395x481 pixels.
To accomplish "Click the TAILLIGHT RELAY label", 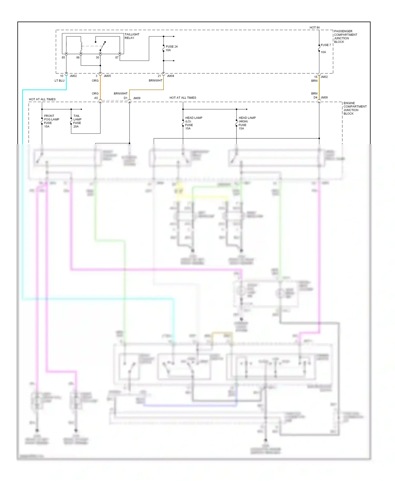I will [x=132, y=36].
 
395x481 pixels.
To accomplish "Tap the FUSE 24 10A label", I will [x=171, y=48].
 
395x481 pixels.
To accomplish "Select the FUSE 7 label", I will [x=326, y=45].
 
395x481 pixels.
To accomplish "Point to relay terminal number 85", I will [x=63, y=58].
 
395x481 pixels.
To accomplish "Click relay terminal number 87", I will [x=117, y=58].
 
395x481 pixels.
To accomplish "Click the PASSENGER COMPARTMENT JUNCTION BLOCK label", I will [x=345, y=37].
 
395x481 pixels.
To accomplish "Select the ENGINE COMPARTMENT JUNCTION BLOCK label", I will [x=355, y=108].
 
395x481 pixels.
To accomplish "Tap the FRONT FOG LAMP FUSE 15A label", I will [x=51, y=121].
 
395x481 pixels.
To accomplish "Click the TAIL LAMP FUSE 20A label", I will [x=77, y=121].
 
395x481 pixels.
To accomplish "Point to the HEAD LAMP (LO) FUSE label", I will [x=193, y=123].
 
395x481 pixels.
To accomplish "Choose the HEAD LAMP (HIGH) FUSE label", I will [x=247, y=123].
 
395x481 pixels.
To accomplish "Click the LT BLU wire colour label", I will [x=60, y=81].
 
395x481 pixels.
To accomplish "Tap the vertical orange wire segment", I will [x=100, y=87].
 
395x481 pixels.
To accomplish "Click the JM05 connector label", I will [x=107, y=76].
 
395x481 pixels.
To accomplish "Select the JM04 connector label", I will [x=170, y=76].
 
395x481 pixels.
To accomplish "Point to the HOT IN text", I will [x=314, y=28].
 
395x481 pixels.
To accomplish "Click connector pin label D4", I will [x=315, y=98].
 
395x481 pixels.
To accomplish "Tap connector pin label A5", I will [x=96, y=98].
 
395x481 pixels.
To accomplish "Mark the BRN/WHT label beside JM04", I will [x=155, y=81].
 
